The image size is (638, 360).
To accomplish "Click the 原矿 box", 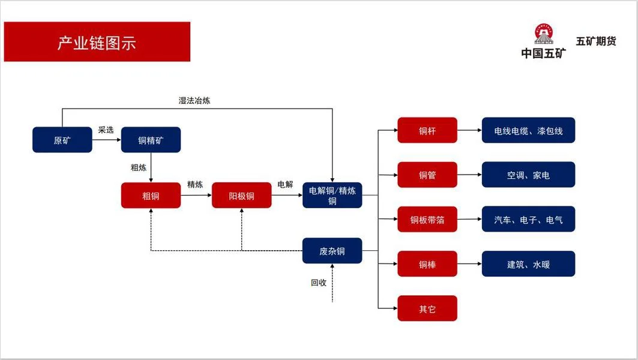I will (x=62, y=140).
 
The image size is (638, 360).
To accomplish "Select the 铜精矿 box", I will (x=151, y=140).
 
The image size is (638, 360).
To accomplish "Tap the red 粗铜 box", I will (x=151, y=196).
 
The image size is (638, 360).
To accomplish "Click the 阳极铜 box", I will (x=241, y=196).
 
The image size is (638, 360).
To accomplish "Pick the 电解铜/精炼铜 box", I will (x=332, y=196).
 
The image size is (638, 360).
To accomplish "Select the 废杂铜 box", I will (x=332, y=251).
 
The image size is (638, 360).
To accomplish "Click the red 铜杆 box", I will (x=427, y=130).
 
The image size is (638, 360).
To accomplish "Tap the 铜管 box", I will (x=427, y=175).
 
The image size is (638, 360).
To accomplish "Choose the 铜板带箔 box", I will (x=427, y=220).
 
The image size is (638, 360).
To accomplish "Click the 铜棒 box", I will (x=427, y=264).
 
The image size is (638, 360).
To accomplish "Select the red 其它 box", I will (x=427, y=308).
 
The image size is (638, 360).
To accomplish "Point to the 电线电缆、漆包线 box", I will (x=528, y=130).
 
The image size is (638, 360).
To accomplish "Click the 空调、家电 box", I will (x=528, y=175).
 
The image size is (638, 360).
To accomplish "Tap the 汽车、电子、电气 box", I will (x=528, y=220).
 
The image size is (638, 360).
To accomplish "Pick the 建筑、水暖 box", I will (x=528, y=264).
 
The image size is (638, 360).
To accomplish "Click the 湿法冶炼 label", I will (x=194, y=101).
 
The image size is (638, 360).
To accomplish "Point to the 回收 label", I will (x=318, y=282).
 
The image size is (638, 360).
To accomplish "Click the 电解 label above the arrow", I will (x=285, y=184).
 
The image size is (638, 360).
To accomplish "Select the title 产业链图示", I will (x=97, y=43).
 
